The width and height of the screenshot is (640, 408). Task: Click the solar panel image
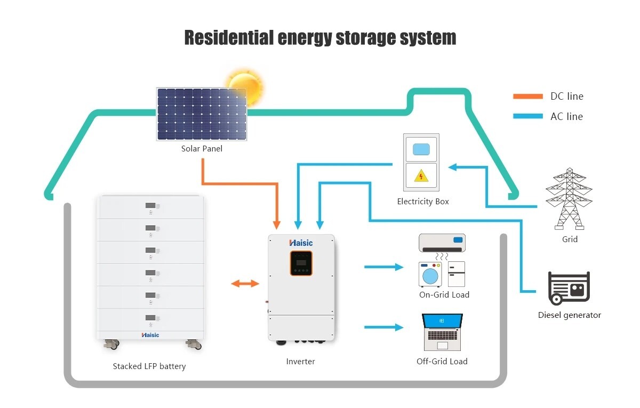coord(202,114)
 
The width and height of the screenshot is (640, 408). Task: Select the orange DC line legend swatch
coord(527,97)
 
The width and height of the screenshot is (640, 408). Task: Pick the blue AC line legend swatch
coord(527,116)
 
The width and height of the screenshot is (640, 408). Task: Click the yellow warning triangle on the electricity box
coord(421,177)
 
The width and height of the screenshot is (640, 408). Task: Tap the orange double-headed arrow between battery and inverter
coord(245,284)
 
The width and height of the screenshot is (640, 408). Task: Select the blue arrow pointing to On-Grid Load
coord(384,267)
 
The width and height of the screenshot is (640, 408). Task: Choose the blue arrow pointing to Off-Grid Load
coord(384,327)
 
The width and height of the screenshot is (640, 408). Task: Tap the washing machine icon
coord(431,274)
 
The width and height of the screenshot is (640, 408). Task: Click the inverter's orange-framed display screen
coord(301,263)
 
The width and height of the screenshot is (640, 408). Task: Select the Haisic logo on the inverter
coord(301,243)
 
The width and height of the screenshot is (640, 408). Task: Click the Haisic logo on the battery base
coord(150,335)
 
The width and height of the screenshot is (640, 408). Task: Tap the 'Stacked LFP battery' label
coord(149,366)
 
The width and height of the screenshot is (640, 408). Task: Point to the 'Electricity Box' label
coord(423,202)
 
